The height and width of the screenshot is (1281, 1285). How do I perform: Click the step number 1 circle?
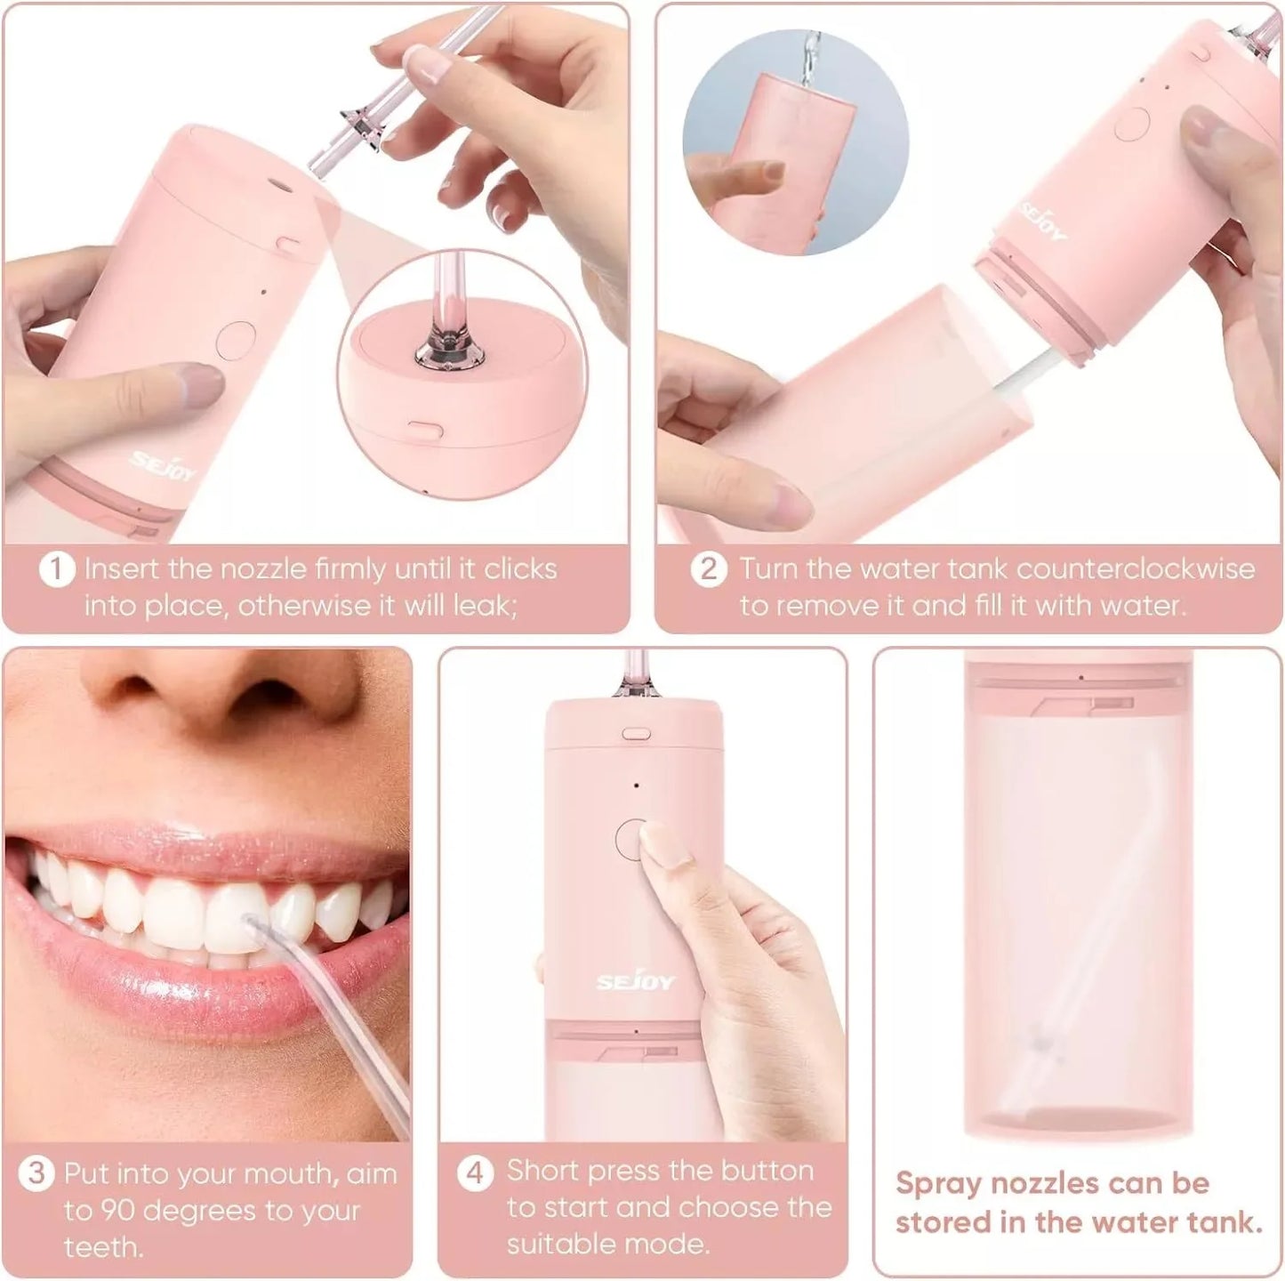point(56,569)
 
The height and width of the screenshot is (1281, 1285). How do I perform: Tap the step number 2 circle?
point(708,569)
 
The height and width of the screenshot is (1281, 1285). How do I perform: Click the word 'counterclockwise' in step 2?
point(1136,569)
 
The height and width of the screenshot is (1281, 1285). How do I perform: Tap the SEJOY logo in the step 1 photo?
point(164,466)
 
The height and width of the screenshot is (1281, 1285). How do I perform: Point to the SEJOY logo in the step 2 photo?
point(1046,221)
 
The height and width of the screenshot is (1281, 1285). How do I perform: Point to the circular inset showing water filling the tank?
point(795,142)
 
